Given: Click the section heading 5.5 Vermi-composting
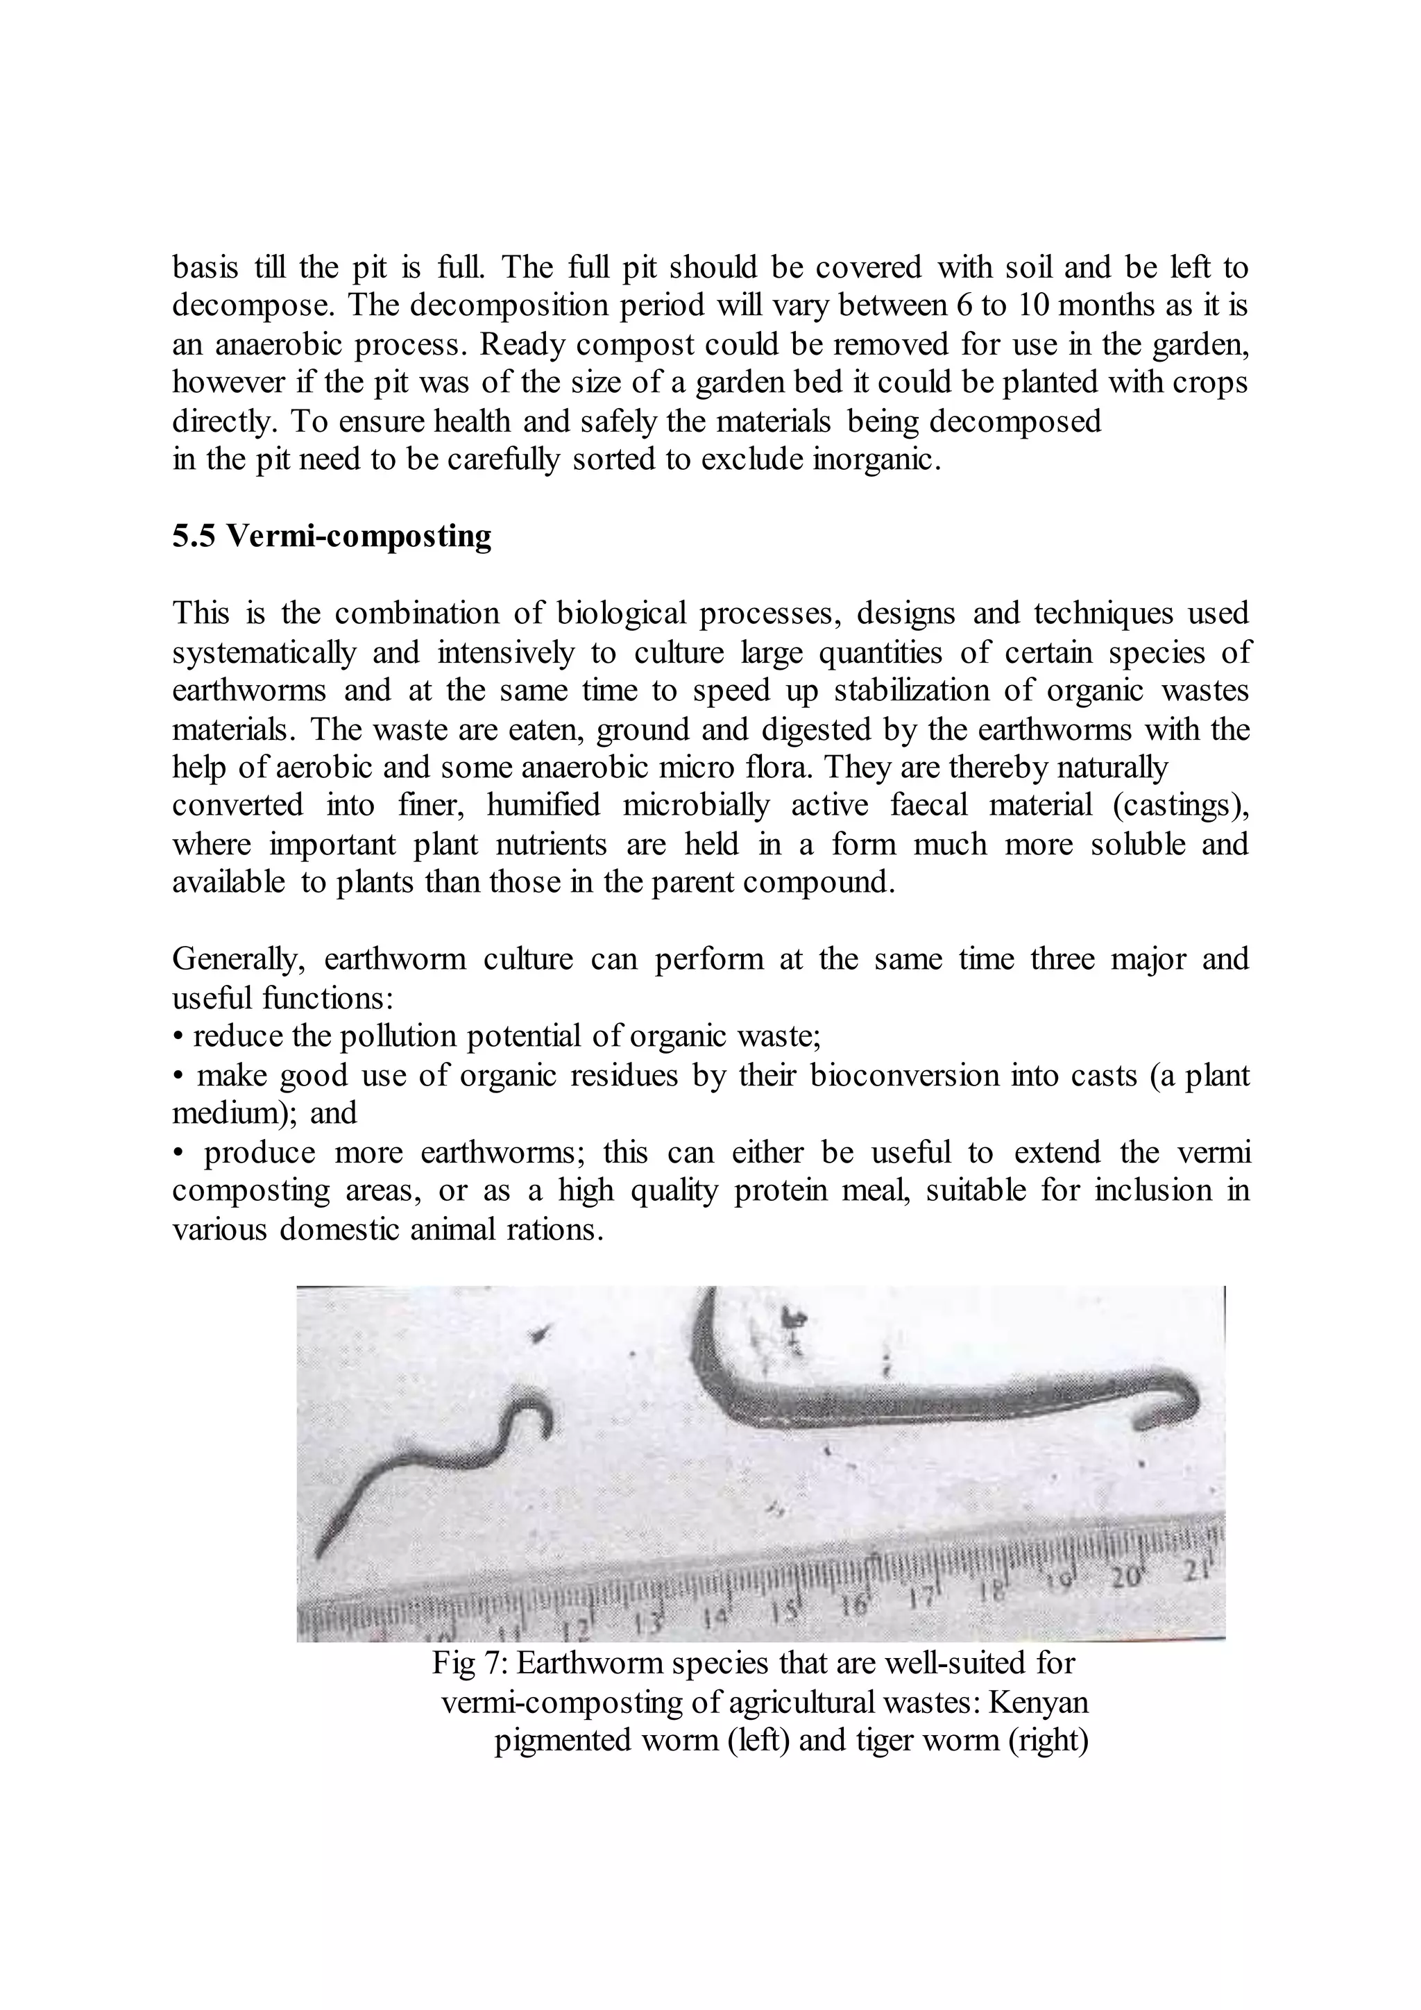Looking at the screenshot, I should pos(332,536).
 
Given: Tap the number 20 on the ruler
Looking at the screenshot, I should pos(1126,1577).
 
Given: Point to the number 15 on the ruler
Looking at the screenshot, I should pos(785,1608).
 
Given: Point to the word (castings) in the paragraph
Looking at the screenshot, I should pos(1180,805).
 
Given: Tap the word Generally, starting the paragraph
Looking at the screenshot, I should pos(238,959).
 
